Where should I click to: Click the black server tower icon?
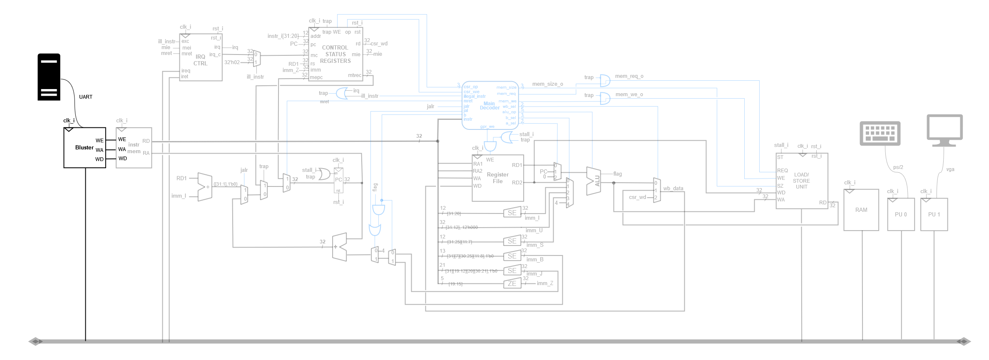[49, 77]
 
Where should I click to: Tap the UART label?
[86, 97]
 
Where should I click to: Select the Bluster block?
[84, 148]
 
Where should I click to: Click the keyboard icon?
[880, 133]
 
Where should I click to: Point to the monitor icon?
[944, 130]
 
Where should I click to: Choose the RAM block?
[861, 210]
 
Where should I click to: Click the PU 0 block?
[901, 214]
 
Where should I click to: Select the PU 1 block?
[934, 214]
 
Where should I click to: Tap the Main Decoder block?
[490, 105]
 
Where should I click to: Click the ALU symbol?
[594, 181]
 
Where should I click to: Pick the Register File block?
[497, 178]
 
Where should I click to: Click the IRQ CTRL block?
[200, 60]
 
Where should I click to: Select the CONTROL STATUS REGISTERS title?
[335, 54]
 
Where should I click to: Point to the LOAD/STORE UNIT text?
[801, 181]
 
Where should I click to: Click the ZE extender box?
[512, 284]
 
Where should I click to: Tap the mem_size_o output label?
[547, 84]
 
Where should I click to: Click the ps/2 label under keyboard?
[898, 167]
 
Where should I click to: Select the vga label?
[950, 169]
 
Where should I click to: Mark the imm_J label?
[534, 274]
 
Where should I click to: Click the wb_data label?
[673, 189]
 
